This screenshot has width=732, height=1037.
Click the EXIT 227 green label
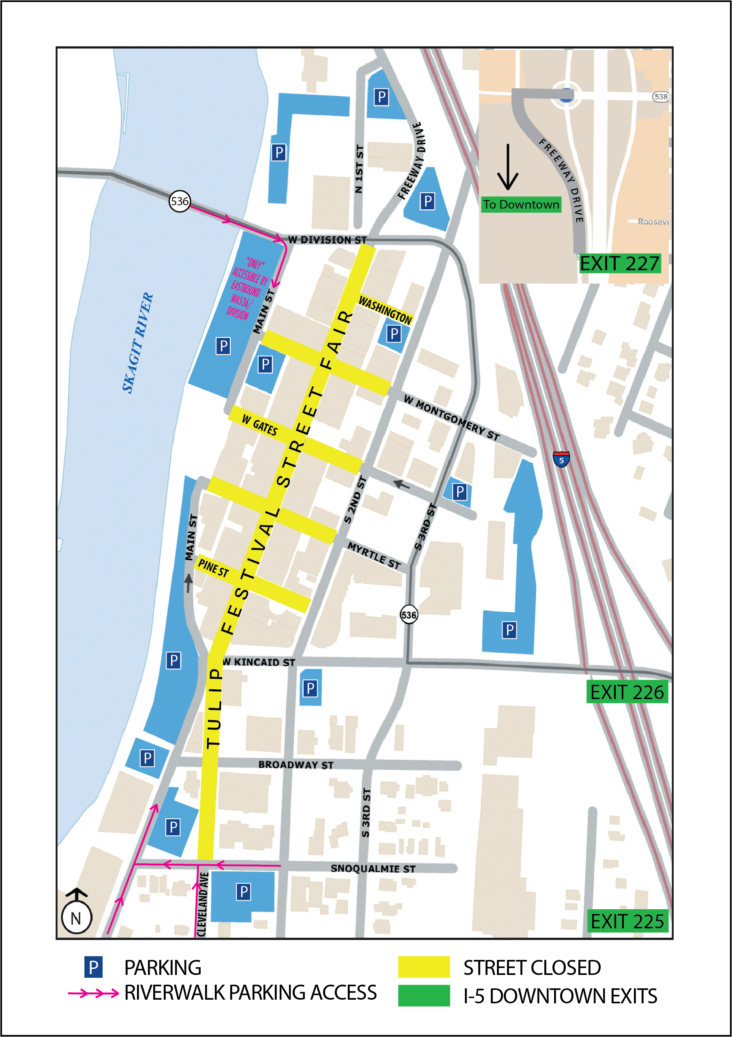tap(620, 263)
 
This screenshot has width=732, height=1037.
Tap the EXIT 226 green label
tap(627, 692)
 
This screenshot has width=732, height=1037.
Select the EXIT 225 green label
tap(627, 921)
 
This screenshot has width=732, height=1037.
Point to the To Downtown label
tap(521, 204)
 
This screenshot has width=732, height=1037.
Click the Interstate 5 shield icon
tap(561, 459)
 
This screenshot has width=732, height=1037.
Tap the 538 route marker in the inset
tap(661, 97)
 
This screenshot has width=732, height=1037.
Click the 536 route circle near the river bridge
tap(180, 201)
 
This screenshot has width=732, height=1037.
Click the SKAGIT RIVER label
tap(138, 343)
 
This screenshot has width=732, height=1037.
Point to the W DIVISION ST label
tap(327, 240)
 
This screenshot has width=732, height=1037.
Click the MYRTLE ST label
tap(374, 555)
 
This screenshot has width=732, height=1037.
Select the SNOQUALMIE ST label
tap(373, 868)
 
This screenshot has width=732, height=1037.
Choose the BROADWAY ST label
tap(295, 765)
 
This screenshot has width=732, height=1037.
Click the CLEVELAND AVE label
tap(203, 905)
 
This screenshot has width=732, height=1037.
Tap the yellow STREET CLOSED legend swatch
tap(424, 967)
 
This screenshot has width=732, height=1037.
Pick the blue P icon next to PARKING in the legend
tap(93, 967)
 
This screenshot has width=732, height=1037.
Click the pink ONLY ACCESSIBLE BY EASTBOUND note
tap(246, 289)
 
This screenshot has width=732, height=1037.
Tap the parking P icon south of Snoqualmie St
tap(243, 892)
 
